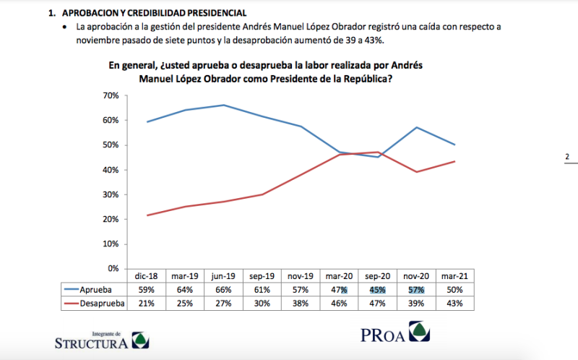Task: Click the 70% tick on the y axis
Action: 110,95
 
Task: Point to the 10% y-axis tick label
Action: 110,244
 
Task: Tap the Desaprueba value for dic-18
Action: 147,304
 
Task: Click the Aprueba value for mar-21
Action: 455,290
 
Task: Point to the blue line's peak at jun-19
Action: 223,105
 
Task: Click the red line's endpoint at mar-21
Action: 454,161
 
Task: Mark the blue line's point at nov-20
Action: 415,127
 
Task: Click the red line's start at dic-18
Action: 147,215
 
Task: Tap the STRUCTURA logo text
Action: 91,343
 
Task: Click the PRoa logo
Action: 394,335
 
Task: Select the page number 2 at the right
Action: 567,157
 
